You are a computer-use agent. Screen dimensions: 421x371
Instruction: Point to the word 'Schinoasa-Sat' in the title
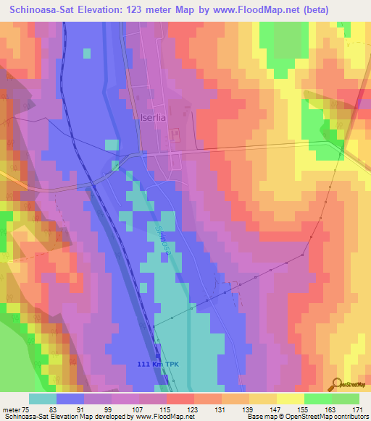[x=45, y=10]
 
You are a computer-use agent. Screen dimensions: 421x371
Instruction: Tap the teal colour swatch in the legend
[x=43, y=399]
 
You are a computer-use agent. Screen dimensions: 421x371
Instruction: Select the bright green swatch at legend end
[x=346, y=399]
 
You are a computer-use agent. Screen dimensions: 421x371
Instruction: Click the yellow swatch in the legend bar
[x=291, y=399]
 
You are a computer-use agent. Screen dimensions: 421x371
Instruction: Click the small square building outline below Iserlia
[x=174, y=135]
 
